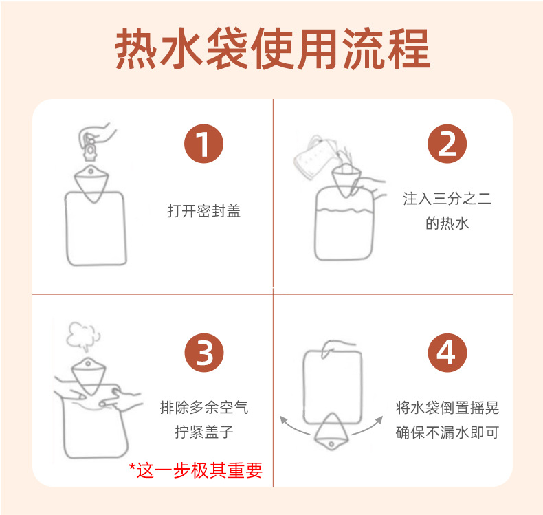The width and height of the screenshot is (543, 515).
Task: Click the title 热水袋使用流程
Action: coord(272,49)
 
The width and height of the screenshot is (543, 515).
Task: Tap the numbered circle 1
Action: coord(203,144)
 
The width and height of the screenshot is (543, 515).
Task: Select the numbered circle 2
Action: coord(447,144)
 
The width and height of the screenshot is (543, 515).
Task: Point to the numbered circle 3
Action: coord(204,353)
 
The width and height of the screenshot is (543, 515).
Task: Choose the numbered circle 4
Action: coord(447,353)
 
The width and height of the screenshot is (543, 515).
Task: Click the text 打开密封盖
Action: coord(203,211)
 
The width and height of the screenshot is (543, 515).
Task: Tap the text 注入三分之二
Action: coord(447,199)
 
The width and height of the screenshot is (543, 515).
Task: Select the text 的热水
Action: coord(447,223)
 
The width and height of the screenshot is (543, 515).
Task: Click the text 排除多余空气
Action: coord(204,407)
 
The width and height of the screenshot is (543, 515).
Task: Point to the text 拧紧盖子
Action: coord(204,432)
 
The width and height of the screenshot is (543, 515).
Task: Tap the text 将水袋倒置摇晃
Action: coord(447,408)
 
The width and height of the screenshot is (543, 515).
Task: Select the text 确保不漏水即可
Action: coord(447,432)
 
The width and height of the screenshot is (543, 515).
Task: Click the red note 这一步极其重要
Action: coord(196,470)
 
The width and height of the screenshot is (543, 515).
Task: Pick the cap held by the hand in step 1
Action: coord(89,149)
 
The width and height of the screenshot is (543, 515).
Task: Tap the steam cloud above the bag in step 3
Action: coord(83,336)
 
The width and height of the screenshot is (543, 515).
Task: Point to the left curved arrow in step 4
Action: coord(294,427)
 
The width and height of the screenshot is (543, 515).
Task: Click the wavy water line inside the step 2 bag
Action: coord(344,210)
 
